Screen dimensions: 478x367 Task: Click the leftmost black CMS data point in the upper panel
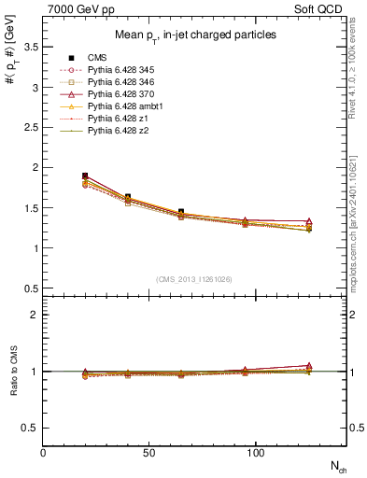click(x=85, y=176)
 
